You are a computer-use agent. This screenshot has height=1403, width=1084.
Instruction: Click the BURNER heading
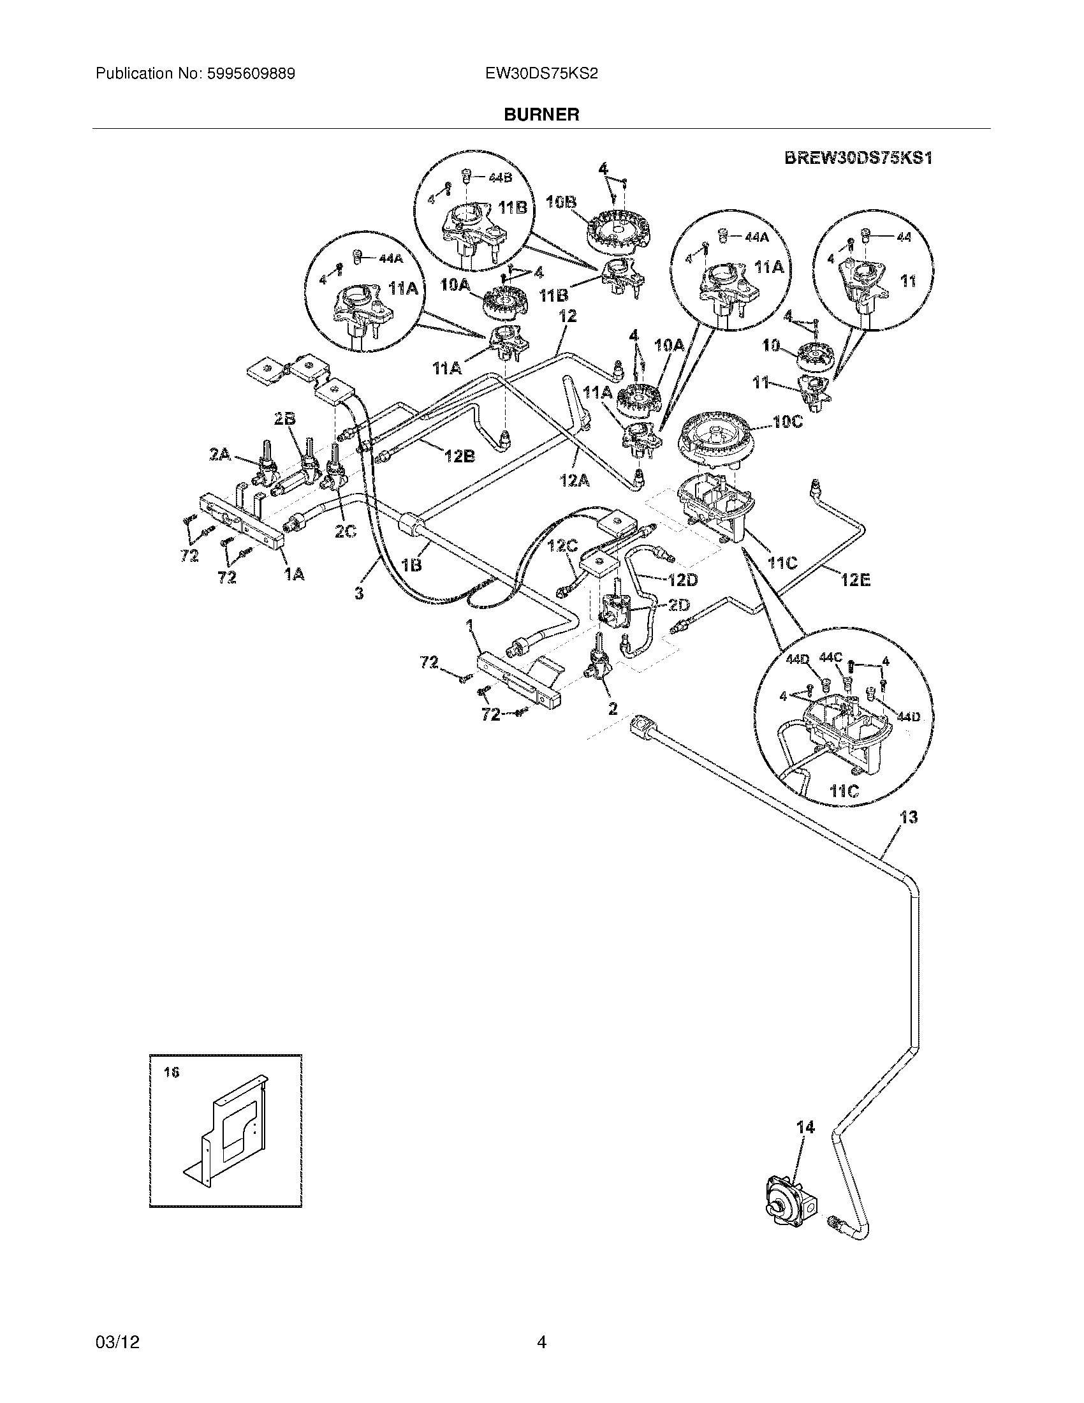(541, 114)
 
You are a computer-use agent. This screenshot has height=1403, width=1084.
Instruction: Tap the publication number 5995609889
(251, 74)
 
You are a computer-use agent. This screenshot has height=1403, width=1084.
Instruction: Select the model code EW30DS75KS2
(541, 74)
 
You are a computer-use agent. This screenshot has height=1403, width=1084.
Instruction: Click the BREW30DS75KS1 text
(858, 158)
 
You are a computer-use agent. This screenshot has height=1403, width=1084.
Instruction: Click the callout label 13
(908, 818)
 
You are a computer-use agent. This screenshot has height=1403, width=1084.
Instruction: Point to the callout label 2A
(220, 454)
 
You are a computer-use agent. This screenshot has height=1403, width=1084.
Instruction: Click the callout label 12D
(682, 580)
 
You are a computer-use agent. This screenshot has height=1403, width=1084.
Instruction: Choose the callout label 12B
(460, 456)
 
